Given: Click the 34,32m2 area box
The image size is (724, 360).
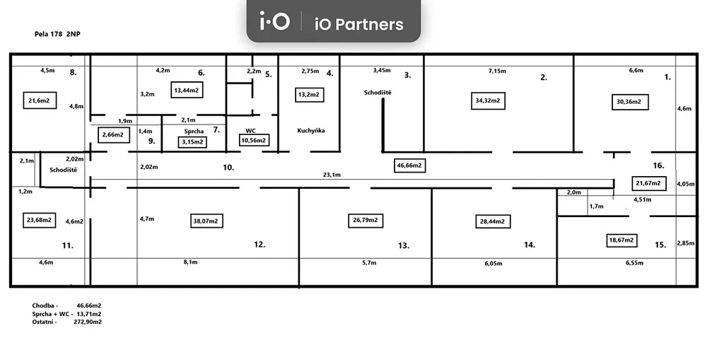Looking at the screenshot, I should pyautogui.click(x=488, y=101).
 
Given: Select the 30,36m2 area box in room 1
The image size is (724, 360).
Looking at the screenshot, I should pyautogui.click(x=629, y=102).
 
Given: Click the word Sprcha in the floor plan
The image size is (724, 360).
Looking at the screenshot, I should pyautogui.click(x=194, y=131).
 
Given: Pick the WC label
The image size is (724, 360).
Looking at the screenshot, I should pyautogui.click(x=250, y=131).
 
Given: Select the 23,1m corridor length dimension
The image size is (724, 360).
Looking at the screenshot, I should pyautogui.click(x=332, y=175).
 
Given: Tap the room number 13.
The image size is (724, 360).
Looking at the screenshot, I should pyautogui.click(x=403, y=245).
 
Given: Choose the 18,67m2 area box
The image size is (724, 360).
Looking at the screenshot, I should pyautogui.click(x=622, y=240).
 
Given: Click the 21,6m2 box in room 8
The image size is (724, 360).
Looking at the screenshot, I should pyautogui.click(x=39, y=101).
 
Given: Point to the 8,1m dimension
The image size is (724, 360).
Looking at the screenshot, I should pyautogui.click(x=190, y=262).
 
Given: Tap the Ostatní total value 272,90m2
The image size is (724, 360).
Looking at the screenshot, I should pyautogui.click(x=88, y=322).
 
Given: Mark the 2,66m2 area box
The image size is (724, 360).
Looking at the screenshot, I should pyautogui.click(x=112, y=134).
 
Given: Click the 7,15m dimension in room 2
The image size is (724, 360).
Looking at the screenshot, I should pyautogui.click(x=497, y=71).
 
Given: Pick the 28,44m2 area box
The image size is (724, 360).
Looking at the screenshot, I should pyautogui.click(x=493, y=221).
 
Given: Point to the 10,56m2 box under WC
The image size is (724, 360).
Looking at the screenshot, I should pyautogui.click(x=255, y=141).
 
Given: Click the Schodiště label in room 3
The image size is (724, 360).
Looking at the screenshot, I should pyautogui.click(x=378, y=93).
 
